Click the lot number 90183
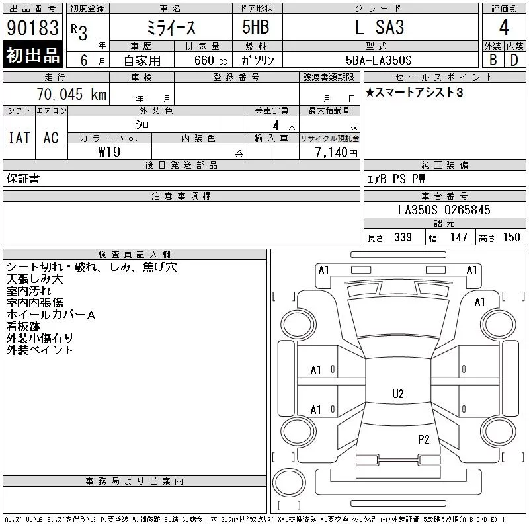32,28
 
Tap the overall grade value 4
504,27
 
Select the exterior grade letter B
493,60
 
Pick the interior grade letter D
514,60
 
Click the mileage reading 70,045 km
71,94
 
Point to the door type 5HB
256,27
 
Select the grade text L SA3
380,27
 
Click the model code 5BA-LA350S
378,60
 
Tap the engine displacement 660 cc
210,61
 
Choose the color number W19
109,152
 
